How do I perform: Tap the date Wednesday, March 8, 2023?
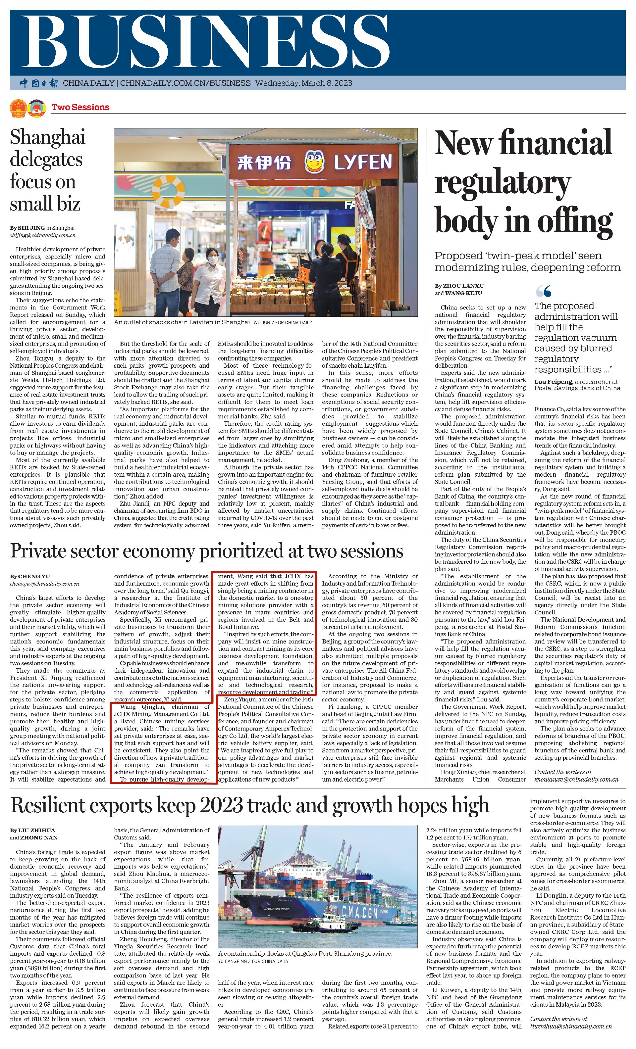coord(303,83)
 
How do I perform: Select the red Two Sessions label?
coord(80,107)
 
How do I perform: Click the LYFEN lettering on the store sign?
coord(362,162)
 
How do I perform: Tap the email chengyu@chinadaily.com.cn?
coord(45,584)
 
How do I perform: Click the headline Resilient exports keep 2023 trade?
coord(250,805)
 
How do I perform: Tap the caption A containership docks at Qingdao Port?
coord(304,954)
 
